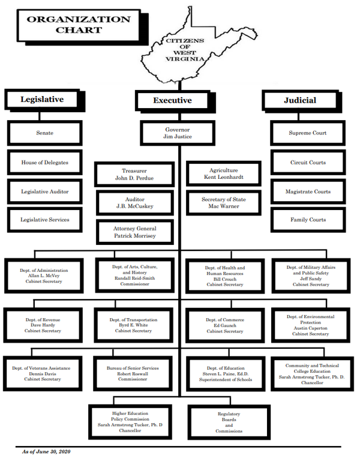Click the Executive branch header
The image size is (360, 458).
click(172, 100)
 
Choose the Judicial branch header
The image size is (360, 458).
click(300, 100)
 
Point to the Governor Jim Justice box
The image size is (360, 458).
click(179, 133)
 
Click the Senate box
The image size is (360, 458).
click(44, 133)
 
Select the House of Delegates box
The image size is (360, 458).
click(44, 163)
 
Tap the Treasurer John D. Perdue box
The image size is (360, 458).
click(134, 174)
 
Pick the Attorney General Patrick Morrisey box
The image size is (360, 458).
click(134, 232)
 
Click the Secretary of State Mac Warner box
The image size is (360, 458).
click(223, 203)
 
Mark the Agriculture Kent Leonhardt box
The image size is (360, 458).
click(223, 174)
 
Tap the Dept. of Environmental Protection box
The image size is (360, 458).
click(310, 325)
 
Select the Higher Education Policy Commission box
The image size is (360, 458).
click(130, 422)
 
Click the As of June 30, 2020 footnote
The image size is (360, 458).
click(46, 451)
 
